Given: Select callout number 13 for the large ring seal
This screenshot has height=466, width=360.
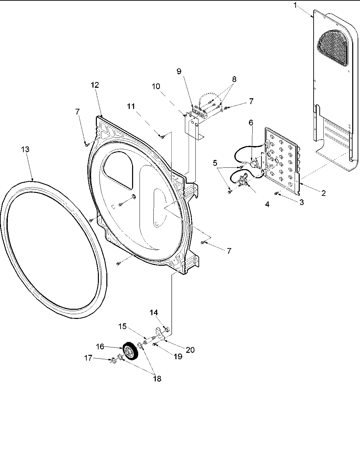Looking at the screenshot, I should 25,149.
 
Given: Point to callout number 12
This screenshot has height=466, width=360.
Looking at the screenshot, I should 95,85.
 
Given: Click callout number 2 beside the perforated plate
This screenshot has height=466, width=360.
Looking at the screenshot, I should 323,193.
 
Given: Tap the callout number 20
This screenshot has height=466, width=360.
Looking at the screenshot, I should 190,349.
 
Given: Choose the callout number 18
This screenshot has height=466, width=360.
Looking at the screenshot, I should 157,379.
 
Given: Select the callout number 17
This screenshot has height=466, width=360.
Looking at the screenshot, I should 88,358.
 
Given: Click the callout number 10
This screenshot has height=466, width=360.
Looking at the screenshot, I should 156,86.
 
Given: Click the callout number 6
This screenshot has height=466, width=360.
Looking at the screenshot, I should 251,123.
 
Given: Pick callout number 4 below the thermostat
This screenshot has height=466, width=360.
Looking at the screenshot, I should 267,204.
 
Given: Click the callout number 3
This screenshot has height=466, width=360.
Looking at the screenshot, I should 301,202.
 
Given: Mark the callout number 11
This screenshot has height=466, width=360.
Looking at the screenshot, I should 131,106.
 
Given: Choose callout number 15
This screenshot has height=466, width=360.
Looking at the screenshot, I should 123,326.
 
